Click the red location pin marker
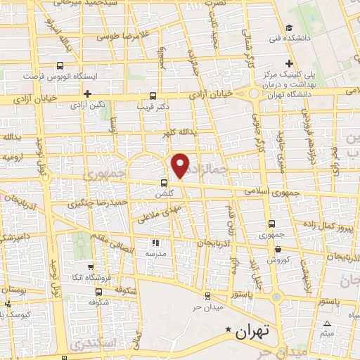pyautogui.click(x=181, y=165)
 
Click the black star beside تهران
pyautogui.click(x=227, y=328)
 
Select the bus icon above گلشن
pyautogui.click(x=165, y=184)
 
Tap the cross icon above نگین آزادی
pyautogui.click(x=87, y=94)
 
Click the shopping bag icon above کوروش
pyautogui.click(x=278, y=249)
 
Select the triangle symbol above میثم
pyautogui.click(x=326, y=323)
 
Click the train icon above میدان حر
pyautogui.click(x=207, y=296)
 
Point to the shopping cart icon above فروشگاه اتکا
pyautogui.click(x=91, y=267)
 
